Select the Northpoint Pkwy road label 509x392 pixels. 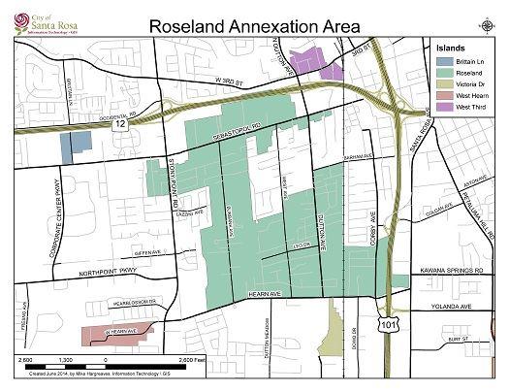87,275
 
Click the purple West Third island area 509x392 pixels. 325,61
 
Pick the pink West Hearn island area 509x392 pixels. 116,333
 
